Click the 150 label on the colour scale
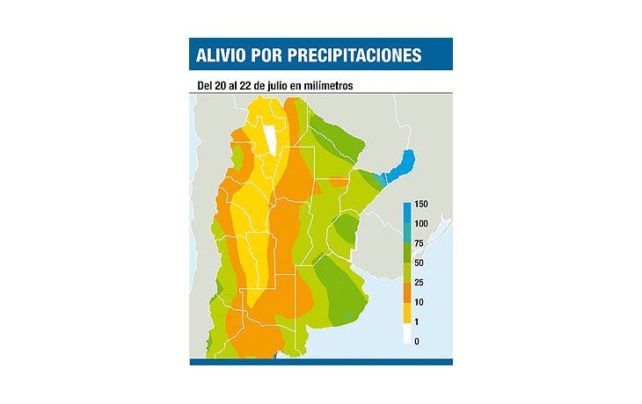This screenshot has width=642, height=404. tap(421, 205)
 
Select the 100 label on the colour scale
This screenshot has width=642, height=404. tap(421, 224)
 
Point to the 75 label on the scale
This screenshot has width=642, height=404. tap(419, 243)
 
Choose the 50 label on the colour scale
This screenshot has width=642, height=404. tap(419, 263)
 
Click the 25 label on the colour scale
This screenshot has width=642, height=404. tap(419, 282)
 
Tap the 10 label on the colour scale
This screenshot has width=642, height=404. tap(419, 302)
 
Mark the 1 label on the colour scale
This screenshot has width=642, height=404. tap(417, 321)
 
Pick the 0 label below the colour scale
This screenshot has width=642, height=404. tap(417, 341)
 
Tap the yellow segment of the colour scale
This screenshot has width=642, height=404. tap(407, 312)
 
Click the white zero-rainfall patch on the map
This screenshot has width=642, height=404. tap(267, 137)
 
